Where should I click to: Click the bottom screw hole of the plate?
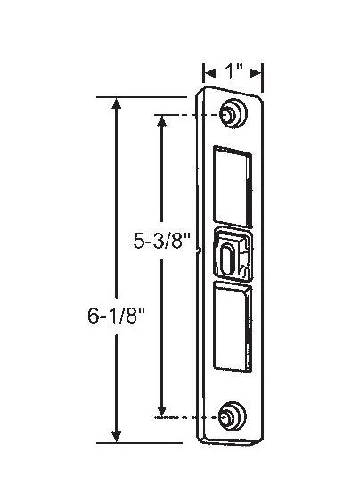(x=230, y=415)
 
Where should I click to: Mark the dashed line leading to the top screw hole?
(x=192, y=116)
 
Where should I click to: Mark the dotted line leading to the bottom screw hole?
(x=192, y=417)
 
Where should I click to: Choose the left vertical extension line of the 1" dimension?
(x=203, y=78)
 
